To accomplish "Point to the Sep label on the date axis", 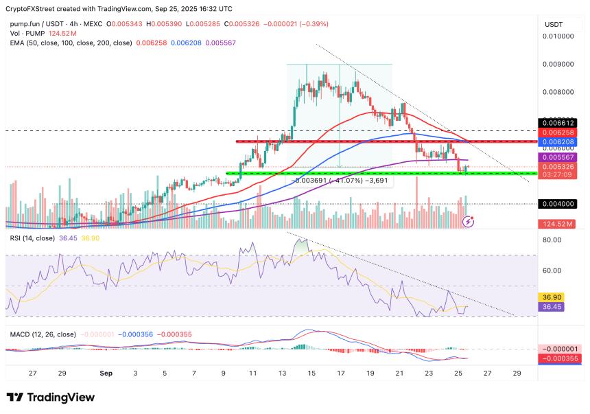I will point(105,373).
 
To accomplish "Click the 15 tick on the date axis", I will point(311,373).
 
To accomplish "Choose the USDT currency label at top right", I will point(554,23).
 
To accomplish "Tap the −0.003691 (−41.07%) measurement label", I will point(340,181).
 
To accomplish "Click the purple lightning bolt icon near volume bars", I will point(469,221).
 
